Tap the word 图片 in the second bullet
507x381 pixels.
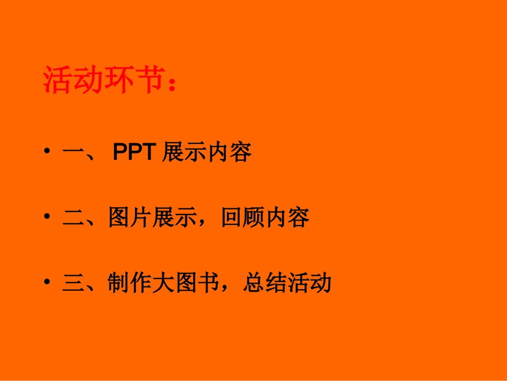[130, 218]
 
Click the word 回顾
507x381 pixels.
[243, 218]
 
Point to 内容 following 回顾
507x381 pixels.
[288, 218]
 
